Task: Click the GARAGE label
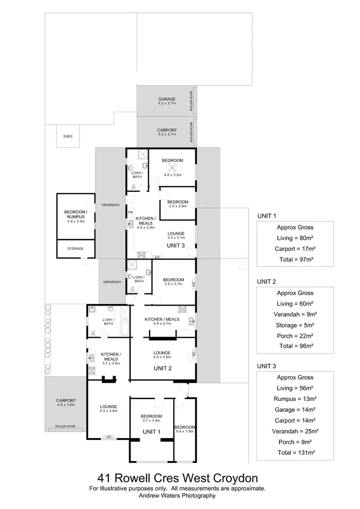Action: tap(167, 99)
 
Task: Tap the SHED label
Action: tap(68, 136)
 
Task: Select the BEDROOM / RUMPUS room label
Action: tap(75, 214)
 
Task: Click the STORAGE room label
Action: tap(75, 249)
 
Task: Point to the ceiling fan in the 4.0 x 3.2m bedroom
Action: tap(172, 167)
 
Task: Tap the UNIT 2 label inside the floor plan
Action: tap(162, 368)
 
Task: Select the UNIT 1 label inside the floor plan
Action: tap(151, 432)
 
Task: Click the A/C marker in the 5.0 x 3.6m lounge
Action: tap(109, 437)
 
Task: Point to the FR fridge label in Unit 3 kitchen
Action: tap(130, 212)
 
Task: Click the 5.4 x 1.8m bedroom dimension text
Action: tap(185, 432)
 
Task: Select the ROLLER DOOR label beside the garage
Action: tap(192, 101)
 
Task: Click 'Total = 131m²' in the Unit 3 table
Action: tap(295, 452)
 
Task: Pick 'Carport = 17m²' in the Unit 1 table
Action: tap(295, 249)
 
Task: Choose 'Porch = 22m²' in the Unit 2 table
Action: tap(295, 336)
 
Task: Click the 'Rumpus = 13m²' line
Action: tap(295, 399)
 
